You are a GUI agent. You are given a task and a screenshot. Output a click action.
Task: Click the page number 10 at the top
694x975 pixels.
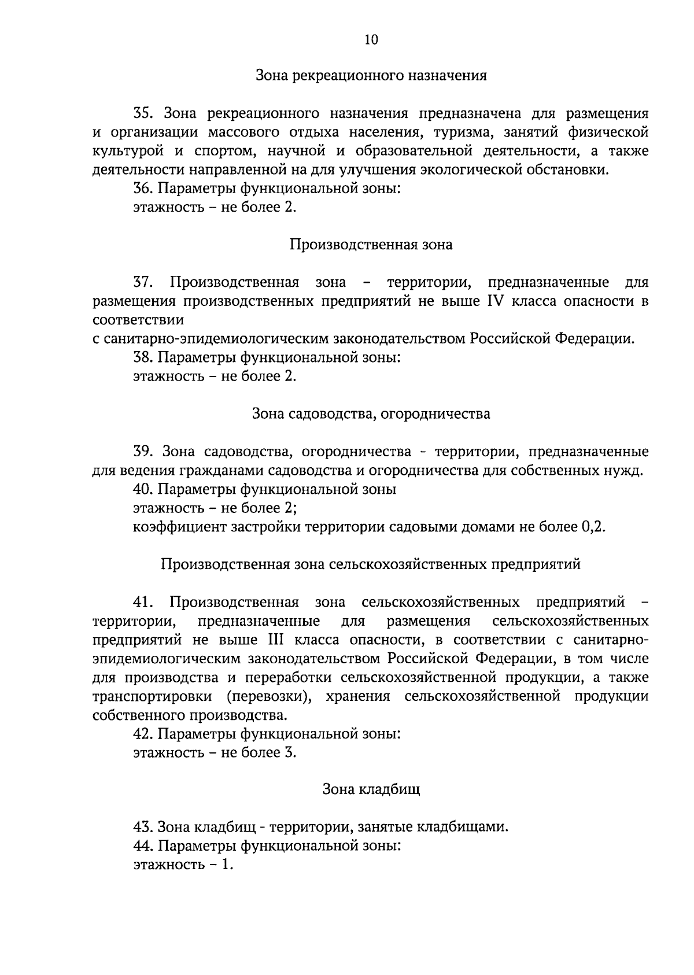(371, 39)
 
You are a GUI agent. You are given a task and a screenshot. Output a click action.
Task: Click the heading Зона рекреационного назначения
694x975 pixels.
(371, 75)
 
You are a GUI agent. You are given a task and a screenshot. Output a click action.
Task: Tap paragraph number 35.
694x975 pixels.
(145, 113)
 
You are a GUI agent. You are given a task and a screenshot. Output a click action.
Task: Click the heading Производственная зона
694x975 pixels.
(371, 245)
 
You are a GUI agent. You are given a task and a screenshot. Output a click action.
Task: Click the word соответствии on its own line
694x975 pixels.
(138, 319)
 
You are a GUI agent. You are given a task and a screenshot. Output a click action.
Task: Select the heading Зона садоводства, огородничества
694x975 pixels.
(371, 413)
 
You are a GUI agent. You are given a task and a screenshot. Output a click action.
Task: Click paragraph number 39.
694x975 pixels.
(145, 451)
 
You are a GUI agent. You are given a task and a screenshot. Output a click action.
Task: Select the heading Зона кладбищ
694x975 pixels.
(371, 789)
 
